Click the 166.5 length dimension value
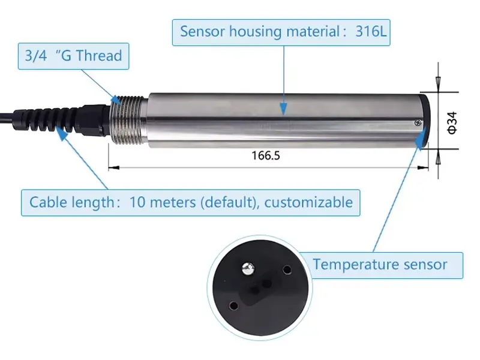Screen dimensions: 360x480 click(x=266, y=155)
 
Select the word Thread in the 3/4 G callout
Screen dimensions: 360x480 click(x=100, y=56)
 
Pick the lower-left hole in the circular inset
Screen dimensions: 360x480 click(x=233, y=305)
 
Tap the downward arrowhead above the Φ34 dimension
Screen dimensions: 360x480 click(x=439, y=83)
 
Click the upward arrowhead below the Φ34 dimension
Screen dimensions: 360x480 click(x=439, y=158)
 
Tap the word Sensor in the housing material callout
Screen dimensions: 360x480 click(x=202, y=32)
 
